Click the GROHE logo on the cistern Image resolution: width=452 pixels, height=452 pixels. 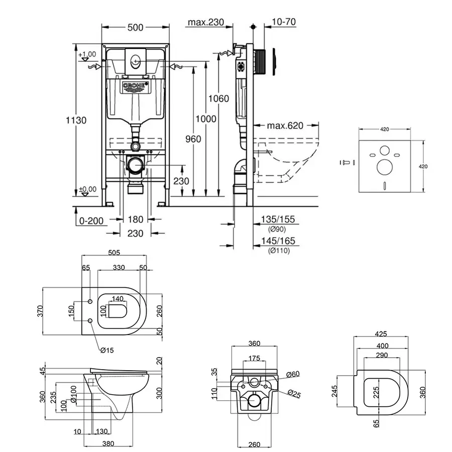pyautogui.click(x=134, y=86)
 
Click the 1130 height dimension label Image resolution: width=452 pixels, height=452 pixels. pyautogui.click(x=76, y=120)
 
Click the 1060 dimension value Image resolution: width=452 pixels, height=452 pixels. pyautogui.click(x=220, y=98)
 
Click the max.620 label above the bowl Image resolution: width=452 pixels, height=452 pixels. pyautogui.click(x=285, y=126)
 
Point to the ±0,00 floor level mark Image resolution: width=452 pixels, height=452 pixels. pyautogui.click(x=87, y=190)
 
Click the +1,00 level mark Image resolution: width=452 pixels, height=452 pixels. pyautogui.click(x=87, y=54)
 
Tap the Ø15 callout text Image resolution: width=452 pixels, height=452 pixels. pyautogui.click(x=107, y=350)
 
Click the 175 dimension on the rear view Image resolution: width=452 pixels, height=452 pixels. pyautogui.click(x=254, y=359)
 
